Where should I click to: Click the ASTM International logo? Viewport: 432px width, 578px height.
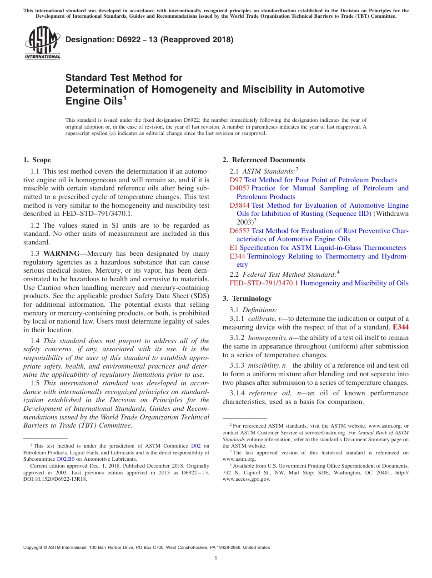pos(42,43)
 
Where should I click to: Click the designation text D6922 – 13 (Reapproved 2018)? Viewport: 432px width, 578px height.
pos(149,40)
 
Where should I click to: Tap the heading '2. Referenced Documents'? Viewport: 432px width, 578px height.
pos(264,160)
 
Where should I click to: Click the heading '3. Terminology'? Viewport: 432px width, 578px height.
pos(247,299)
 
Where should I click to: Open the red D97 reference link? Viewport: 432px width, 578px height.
pos(236,180)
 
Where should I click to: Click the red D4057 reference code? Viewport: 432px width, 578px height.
pos(239,188)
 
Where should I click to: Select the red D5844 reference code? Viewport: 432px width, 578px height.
pos(239,205)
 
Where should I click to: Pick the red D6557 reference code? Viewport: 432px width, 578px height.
pos(239,231)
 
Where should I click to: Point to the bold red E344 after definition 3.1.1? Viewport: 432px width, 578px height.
pos(400,327)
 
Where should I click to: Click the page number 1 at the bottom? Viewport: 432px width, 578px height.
pos(216,558)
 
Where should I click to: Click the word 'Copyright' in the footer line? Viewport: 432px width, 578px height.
pos(34,548)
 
